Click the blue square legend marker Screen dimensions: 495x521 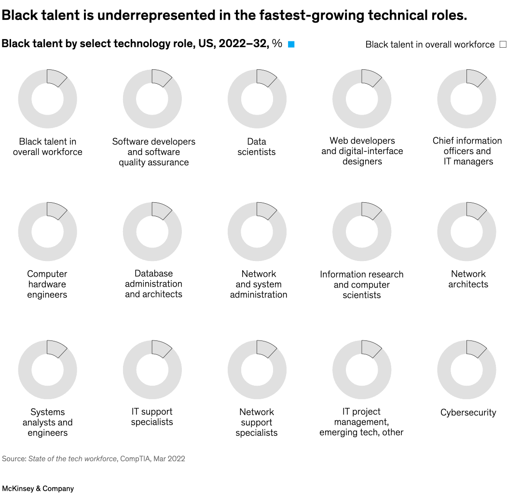[291, 44]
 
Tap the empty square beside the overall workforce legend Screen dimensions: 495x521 [503, 44]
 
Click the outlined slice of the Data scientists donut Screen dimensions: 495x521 [265, 77]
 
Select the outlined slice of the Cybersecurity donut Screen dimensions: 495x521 [475, 348]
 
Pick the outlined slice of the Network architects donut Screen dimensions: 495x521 [475, 210]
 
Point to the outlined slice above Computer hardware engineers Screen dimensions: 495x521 [55, 210]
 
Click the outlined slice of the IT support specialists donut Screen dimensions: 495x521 [160, 348]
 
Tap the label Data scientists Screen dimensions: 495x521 [257, 147]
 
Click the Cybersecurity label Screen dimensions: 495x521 [468, 413]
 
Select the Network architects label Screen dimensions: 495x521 [468, 279]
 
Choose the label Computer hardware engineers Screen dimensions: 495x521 [47, 284]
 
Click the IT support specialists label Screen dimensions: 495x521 [152, 417]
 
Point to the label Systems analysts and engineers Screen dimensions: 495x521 [47, 422]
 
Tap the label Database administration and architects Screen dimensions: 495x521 [153, 284]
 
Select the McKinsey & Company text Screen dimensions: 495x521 [38, 488]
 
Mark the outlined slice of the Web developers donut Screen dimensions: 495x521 [370, 77]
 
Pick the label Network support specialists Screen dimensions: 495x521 [257, 422]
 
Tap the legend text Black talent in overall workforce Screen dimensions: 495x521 [430, 45]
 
